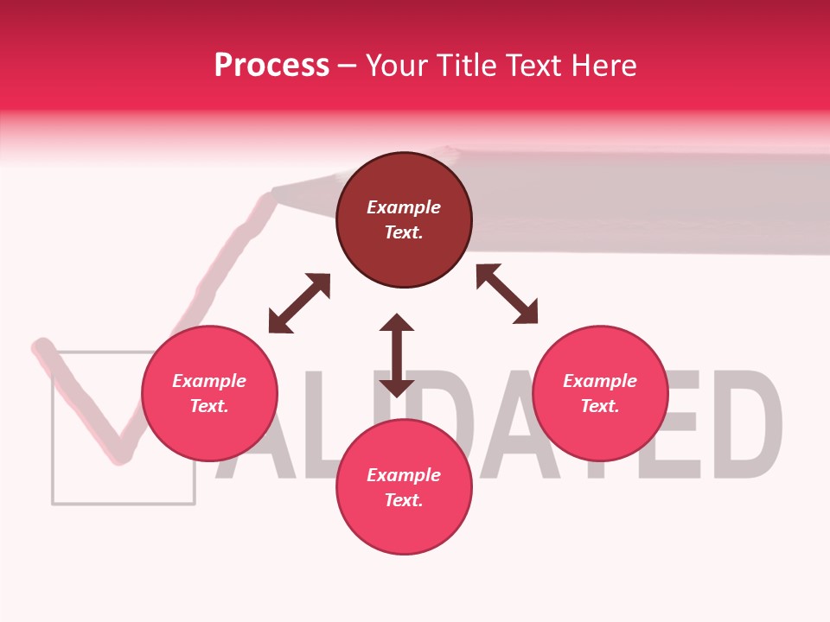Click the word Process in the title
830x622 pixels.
tap(271, 66)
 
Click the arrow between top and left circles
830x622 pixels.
tap(299, 303)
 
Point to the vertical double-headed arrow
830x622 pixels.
tap(397, 356)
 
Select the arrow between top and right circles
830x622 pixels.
tap(507, 295)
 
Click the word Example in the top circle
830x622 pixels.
tap(404, 207)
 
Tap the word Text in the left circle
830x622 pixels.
tap(209, 406)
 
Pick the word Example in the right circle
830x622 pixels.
tap(600, 381)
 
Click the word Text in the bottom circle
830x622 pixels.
tap(404, 500)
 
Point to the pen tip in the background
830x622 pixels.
tap(275, 194)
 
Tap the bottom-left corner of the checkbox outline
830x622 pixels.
tap(54, 502)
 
